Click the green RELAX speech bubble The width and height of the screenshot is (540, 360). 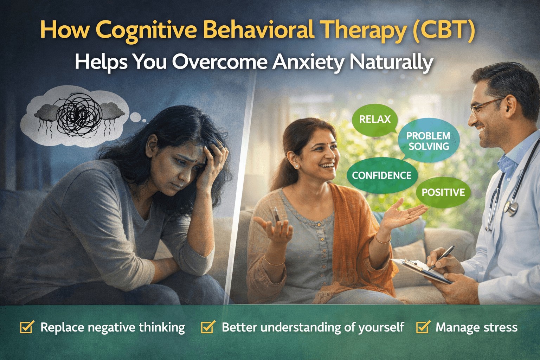point(375,120)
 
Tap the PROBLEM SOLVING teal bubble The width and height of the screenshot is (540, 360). point(428,141)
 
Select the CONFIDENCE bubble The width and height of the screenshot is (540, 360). point(381,175)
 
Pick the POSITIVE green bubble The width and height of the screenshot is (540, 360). point(443,192)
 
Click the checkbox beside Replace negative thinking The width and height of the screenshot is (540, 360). point(27,327)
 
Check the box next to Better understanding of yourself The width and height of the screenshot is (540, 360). point(208,327)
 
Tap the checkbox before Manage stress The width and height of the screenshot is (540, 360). point(423,327)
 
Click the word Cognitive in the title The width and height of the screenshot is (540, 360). point(146,30)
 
